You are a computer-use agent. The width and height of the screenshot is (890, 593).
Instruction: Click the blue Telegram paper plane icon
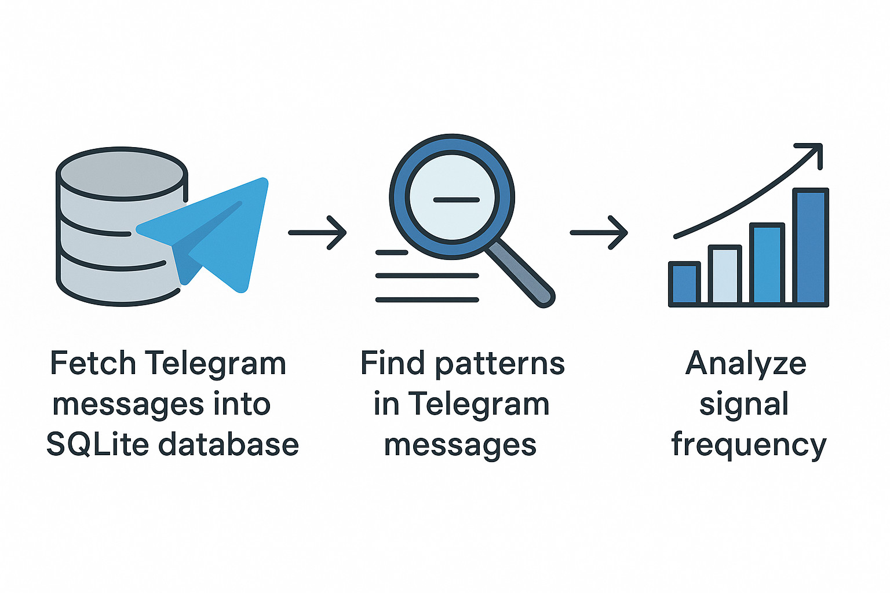(220, 232)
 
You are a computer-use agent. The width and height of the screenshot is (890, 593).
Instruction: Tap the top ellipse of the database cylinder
(122, 173)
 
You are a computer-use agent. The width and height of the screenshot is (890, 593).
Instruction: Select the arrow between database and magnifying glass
(317, 233)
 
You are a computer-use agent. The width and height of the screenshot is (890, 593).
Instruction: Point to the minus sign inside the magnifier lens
(456, 200)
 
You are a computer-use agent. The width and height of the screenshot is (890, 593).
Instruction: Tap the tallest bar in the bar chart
(810, 247)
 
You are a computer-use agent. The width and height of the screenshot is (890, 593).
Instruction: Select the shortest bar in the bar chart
(684, 283)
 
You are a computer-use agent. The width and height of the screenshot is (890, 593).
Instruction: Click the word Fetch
(93, 364)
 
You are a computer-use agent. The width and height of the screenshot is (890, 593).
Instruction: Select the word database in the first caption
(228, 445)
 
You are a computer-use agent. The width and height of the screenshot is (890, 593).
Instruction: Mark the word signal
(744, 405)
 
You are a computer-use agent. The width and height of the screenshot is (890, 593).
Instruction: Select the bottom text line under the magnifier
(427, 300)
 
